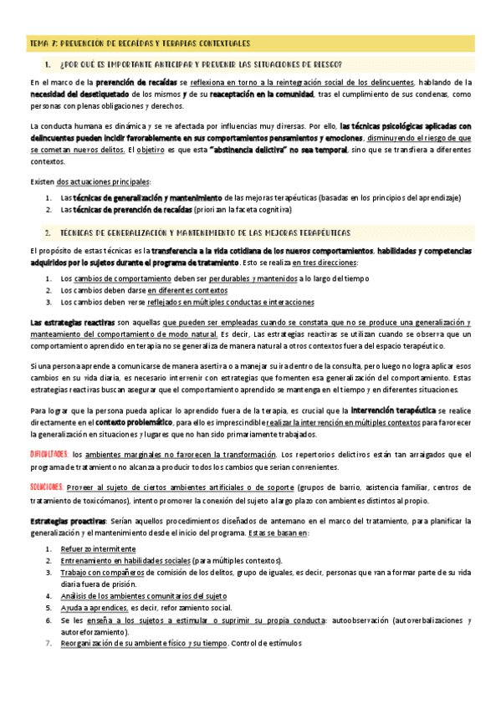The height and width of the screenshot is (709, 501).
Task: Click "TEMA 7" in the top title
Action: [x=42, y=43]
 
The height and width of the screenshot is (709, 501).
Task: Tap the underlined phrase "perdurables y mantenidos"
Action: [x=252, y=278]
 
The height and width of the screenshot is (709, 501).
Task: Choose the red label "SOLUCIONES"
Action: [x=46, y=486]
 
